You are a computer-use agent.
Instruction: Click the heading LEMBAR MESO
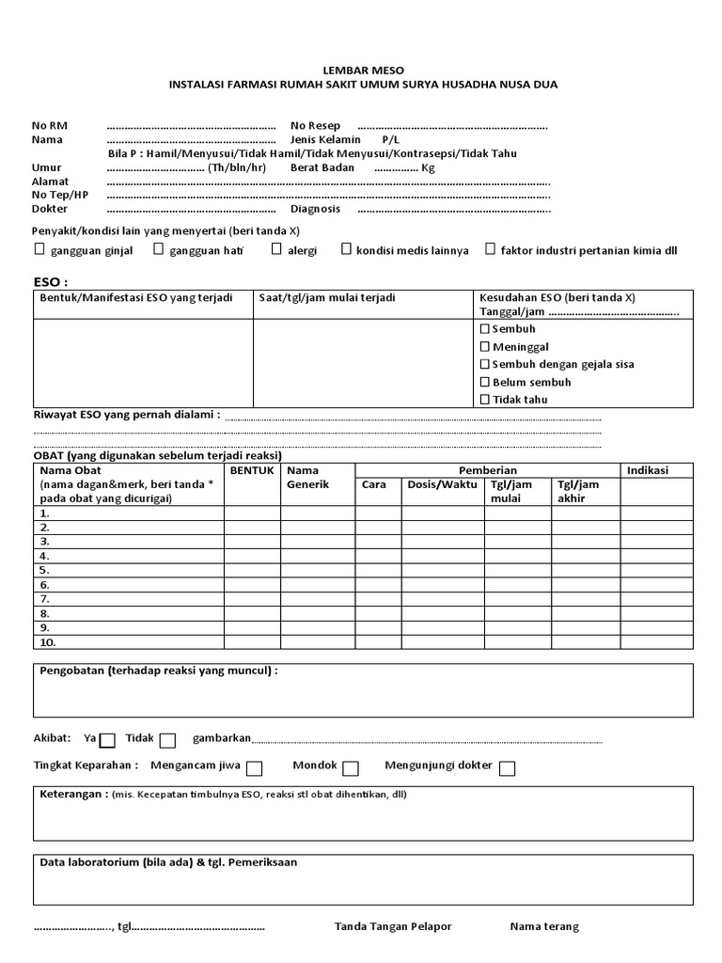[362, 69]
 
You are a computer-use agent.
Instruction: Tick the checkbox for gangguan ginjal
[39, 249]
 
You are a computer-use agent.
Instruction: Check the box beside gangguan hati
[159, 249]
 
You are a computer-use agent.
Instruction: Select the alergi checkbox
[277, 249]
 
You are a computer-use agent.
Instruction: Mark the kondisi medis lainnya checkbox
[347, 249]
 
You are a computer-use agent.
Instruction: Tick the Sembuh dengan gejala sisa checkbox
[485, 364]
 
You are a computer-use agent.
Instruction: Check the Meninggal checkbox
[485, 347]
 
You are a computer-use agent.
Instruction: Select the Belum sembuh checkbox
[485, 382]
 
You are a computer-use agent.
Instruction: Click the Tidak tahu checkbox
[485, 400]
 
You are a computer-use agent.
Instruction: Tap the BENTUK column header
[252, 470]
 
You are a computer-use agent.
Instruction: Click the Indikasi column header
[647, 470]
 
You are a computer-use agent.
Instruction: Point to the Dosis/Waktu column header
[441, 485]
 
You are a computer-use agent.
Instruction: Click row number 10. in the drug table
[48, 642]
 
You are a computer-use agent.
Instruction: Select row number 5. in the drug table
[44, 570]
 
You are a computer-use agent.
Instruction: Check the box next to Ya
[108, 740]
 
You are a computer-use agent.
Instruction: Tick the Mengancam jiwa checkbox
[254, 768]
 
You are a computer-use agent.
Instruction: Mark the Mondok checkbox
[351, 768]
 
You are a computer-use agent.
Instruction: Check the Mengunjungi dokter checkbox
[508, 768]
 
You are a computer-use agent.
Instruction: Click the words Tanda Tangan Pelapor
[393, 926]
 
